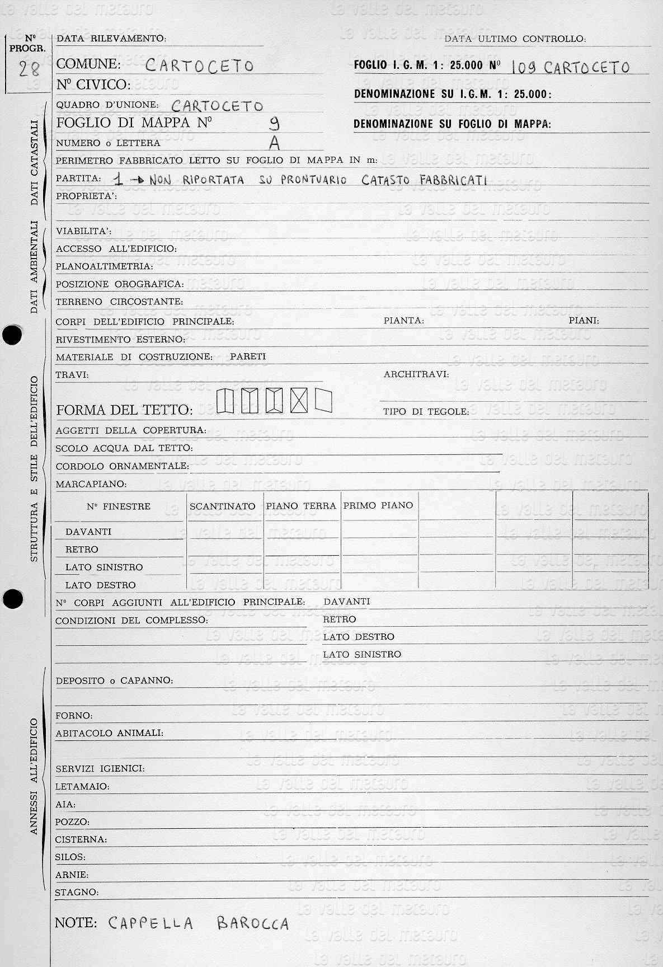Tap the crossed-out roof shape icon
tap(299, 401)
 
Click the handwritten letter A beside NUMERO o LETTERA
tap(274, 144)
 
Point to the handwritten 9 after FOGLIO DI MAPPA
tap(274, 123)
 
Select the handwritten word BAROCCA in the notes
tap(252, 923)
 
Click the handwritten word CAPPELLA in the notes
tap(151, 923)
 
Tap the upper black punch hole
tap(12, 335)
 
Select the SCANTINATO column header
tap(222, 506)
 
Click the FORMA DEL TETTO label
tap(124, 410)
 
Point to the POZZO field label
tap(72, 822)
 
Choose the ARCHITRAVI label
tap(416, 374)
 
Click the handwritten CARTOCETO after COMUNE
tap(199, 66)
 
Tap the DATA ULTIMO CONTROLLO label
tap(515, 39)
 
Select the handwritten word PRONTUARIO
tap(314, 180)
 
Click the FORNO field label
tap(74, 715)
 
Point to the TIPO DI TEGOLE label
tap(426, 411)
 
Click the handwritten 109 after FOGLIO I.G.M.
tap(524, 68)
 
